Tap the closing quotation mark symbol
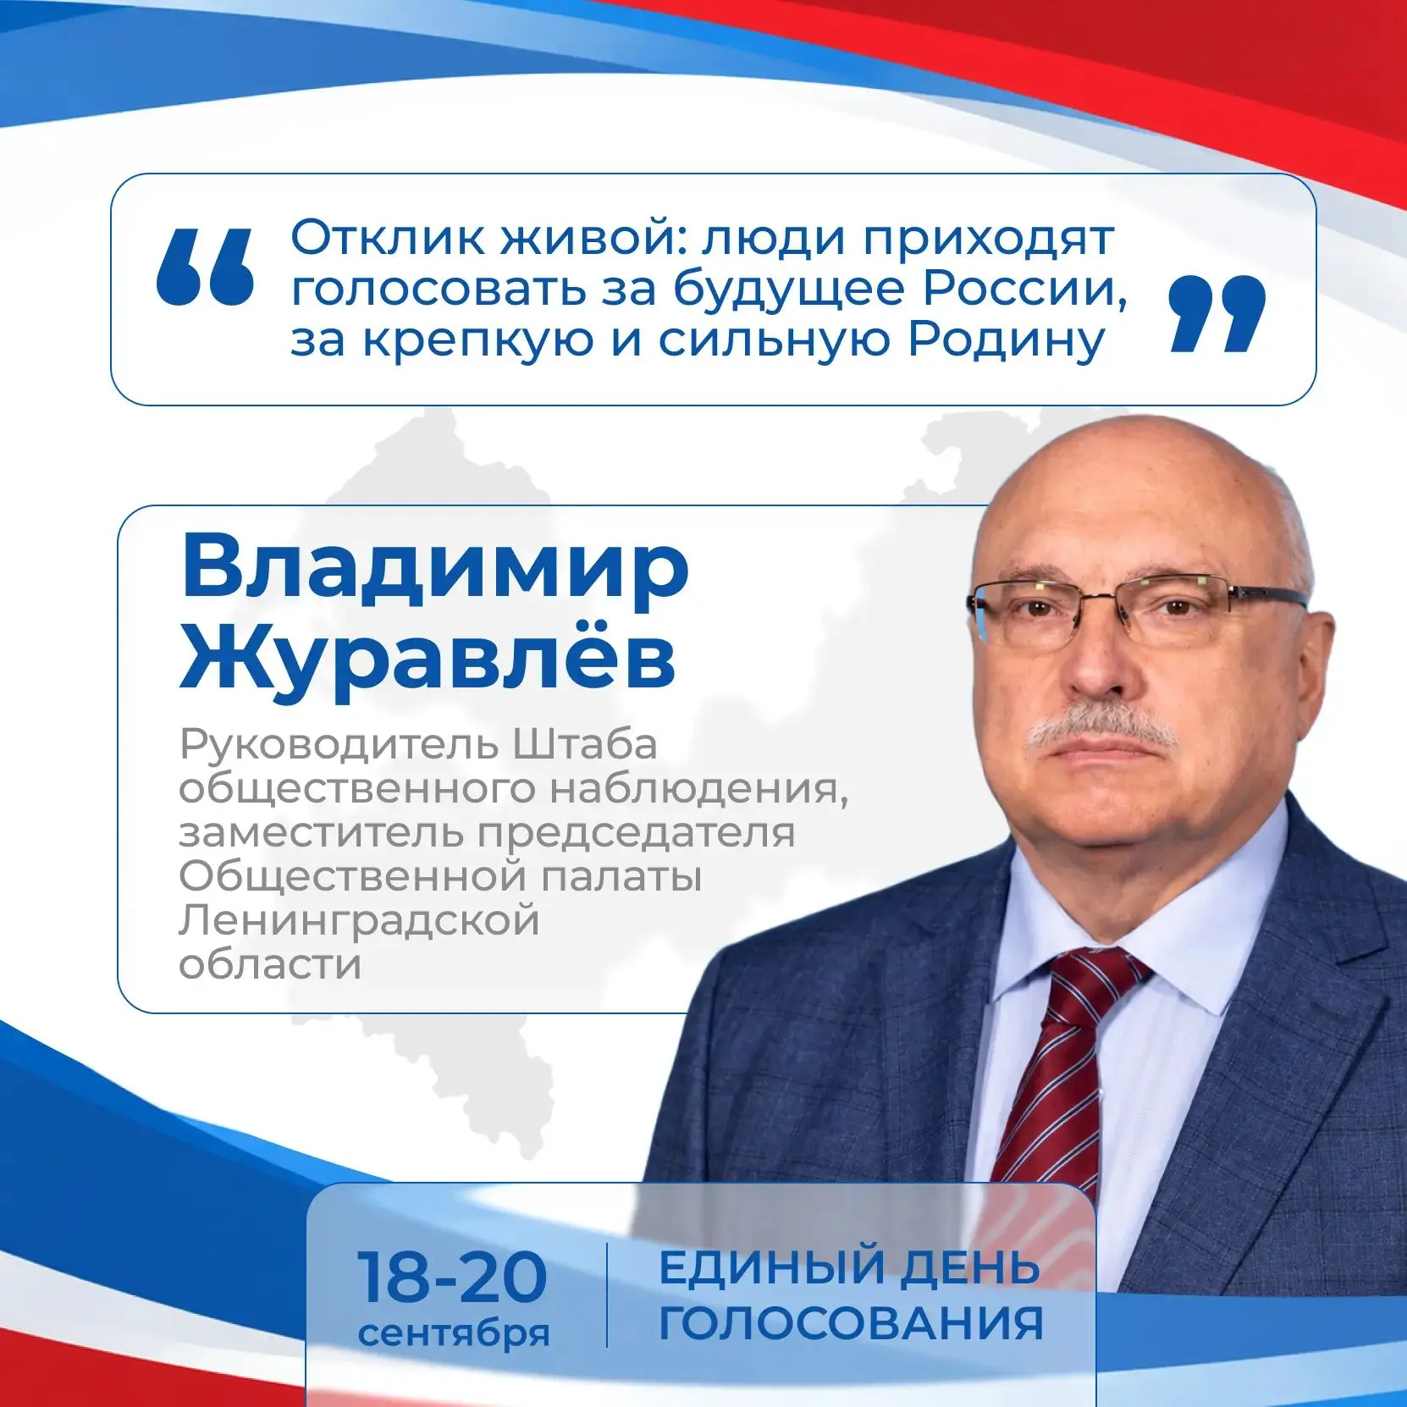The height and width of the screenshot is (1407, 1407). coord(1217,312)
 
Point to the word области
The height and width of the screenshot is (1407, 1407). coord(270,964)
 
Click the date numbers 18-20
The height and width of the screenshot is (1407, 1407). coord(452,1277)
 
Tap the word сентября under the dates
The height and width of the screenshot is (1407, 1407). coord(454,1333)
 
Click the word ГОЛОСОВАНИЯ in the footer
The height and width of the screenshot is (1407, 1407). coord(851,1324)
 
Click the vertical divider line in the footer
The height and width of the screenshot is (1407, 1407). coord(607,1295)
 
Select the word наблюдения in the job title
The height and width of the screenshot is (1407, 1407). coord(699,790)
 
